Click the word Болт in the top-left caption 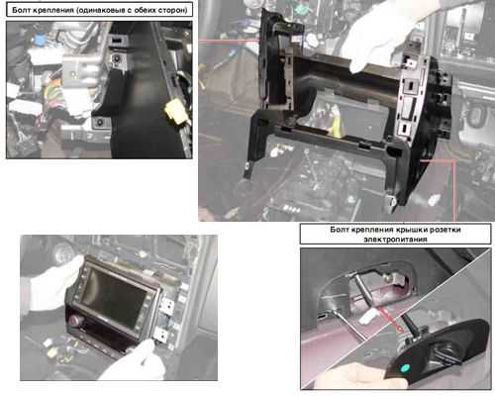click(x=21, y=10)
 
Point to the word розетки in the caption click(x=445, y=230)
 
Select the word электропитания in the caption click(x=395, y=239)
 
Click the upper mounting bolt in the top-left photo click(x=117, y=58)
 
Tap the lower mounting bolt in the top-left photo click(x=99, y=123)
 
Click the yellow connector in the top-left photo click(x=176, y=111)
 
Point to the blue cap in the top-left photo click(x=40, y=41)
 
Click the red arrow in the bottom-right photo click(x=390, y=319)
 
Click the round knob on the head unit click(x=72, y=320)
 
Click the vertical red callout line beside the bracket click(x=455, y=190)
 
